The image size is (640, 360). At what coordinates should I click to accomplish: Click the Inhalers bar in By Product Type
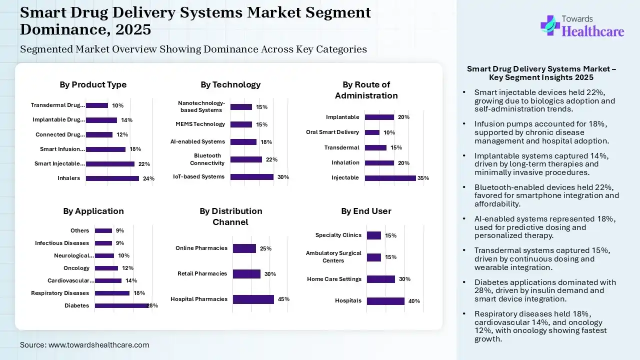click(112, 178)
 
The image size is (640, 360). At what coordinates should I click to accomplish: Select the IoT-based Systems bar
click(252, 177)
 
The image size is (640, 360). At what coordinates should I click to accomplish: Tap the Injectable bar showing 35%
click(390, 178)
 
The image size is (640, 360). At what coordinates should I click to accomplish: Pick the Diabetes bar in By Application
click(121, 305)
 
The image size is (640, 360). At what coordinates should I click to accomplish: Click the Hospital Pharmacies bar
click(253, 299)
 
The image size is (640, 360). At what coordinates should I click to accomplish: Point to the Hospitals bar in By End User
click(385, 301)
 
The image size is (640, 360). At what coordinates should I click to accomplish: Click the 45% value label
click(283, 299)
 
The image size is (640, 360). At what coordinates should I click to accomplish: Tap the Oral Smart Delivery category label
click(332, 132)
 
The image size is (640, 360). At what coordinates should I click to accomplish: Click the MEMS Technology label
click(200, 124)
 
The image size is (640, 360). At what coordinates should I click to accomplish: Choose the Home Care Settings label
click(334, 279)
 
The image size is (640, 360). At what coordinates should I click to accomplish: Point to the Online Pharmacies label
click(201, 248)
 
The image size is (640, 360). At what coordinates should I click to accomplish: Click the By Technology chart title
click(230, 84)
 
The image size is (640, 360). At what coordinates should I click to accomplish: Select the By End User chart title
click(366, 211)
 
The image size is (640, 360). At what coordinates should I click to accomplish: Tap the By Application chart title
click(93, 211)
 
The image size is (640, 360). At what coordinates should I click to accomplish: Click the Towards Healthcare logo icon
click(550, 25)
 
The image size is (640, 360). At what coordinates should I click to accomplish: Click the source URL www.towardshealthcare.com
click(98, 345)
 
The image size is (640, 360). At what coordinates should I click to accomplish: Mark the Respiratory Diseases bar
click(112, 293)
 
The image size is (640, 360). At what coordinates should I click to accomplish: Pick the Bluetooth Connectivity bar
click(246, 159)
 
